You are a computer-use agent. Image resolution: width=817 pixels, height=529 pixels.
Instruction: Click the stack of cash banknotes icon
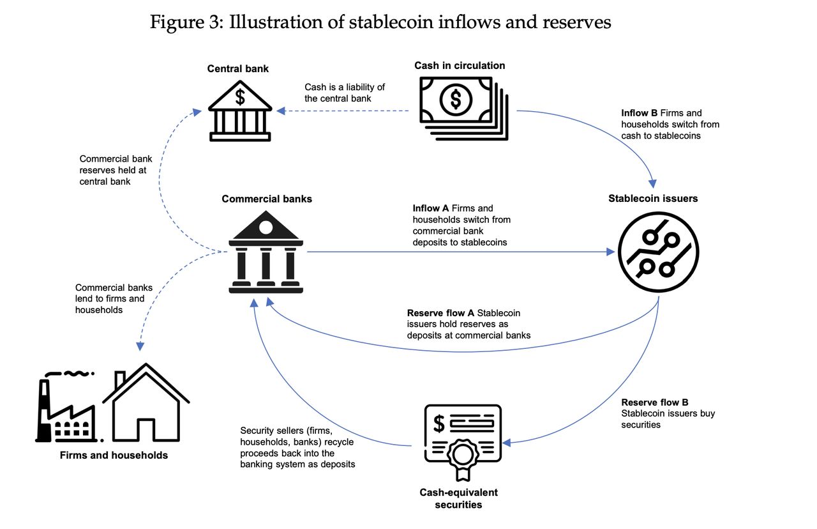[463, 107]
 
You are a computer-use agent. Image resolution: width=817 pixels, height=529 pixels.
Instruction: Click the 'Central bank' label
[237, 68]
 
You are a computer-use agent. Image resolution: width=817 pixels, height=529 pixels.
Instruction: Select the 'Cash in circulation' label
[460, 65]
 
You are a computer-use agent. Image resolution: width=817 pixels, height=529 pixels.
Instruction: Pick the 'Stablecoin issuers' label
[653, 199]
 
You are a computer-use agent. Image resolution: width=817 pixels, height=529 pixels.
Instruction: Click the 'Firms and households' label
[114, 456]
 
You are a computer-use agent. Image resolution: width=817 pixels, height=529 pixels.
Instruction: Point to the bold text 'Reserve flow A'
[440, 313]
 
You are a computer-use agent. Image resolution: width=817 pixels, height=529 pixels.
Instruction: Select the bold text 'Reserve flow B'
[654, 402]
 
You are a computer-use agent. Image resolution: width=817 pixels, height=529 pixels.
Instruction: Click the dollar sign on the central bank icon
[240, 97]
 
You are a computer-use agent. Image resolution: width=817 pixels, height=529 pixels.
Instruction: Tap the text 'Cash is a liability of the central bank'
[345, 93]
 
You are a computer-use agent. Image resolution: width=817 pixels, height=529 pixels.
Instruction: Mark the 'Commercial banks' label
[267, 199]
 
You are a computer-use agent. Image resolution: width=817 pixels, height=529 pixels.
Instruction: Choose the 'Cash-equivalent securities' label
[458, 498]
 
